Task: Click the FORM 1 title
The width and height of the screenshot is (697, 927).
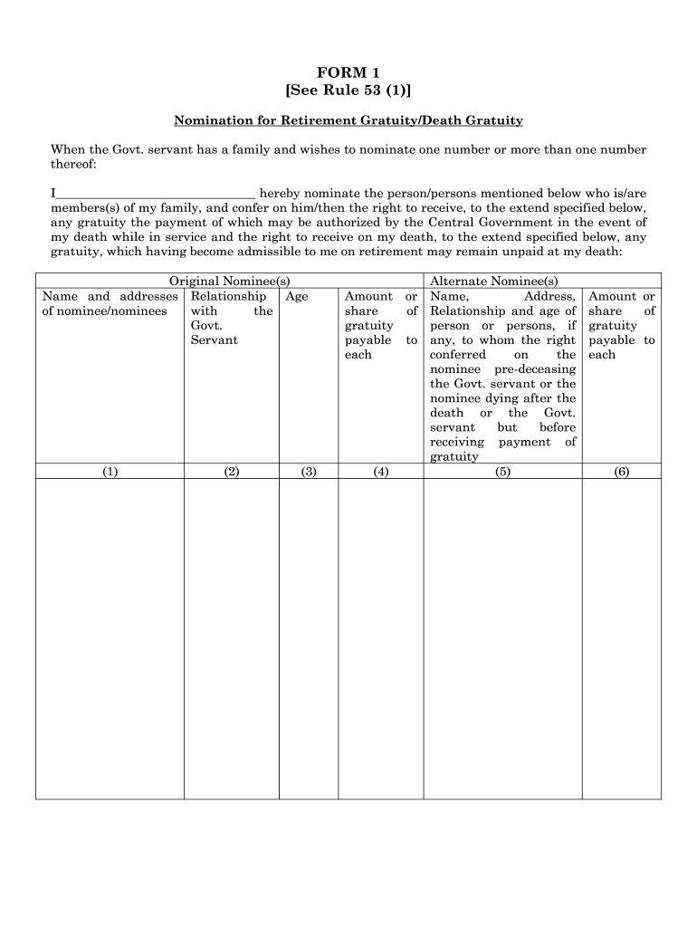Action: coord(348,72)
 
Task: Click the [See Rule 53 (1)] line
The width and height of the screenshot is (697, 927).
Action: coord(348,90)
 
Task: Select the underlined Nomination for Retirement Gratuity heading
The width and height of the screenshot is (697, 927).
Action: coord(348,120)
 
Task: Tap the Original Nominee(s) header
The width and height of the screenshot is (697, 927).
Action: coord(229,282)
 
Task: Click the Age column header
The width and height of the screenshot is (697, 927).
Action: coord(297,296)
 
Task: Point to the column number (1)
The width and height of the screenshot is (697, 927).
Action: coord(110,471)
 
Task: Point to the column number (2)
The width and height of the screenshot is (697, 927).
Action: coord(231,471)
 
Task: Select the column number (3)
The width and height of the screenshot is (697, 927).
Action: coord(309,471)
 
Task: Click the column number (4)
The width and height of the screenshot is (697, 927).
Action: coord(380,471)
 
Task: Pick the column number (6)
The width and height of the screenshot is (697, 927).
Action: coord(621,471)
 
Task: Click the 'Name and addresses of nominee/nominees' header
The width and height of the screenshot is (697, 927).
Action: coord(110,304)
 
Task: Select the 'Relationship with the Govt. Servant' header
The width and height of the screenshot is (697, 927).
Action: coord(231,318)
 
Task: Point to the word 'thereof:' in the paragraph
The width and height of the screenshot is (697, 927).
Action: coord(72,164)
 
